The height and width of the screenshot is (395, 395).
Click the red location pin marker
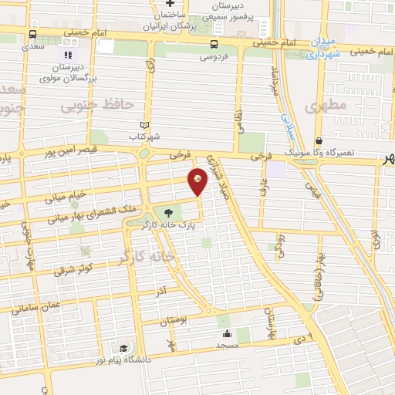tap(198, 181)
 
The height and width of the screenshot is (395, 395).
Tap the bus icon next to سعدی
tap(32, 35)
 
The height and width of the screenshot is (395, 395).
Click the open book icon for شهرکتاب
tap(144, 125)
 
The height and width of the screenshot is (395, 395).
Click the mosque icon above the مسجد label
tap(228, 334)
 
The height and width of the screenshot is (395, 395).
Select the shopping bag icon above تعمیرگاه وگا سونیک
tap(319, 141)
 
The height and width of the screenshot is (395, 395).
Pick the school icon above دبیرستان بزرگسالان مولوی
tap(67, 56)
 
